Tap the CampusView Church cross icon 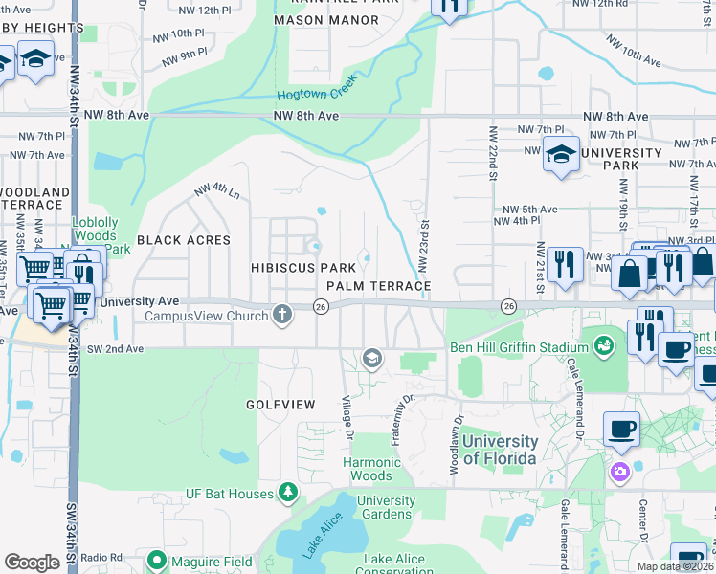(x=281, y=314)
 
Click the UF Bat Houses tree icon (x=287, y=493)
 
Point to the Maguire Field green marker (x=158, y=561)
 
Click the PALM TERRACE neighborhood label (x=378, y=286)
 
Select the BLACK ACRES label (x=184, y=240)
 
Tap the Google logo (x=33, y=562)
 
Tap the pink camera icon (x=620, y=471)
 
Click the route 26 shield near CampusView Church (x=322, y=306)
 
